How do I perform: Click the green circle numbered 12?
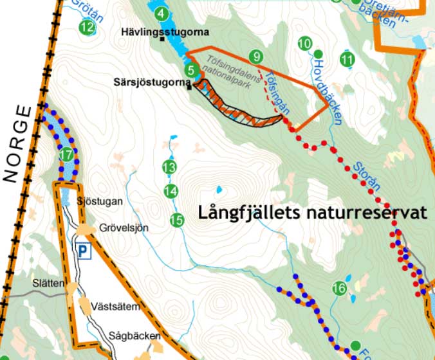pos(88,27)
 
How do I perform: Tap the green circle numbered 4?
pos(160,14)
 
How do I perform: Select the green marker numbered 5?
pos(190,70)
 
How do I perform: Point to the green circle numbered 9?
pos(256,57)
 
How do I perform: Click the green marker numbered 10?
pos(305,44)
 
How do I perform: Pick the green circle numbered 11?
pos(347,60)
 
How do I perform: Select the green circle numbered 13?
pos(169,167)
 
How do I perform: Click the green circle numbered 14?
pos(171,191)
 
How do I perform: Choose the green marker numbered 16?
pos(340,289)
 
